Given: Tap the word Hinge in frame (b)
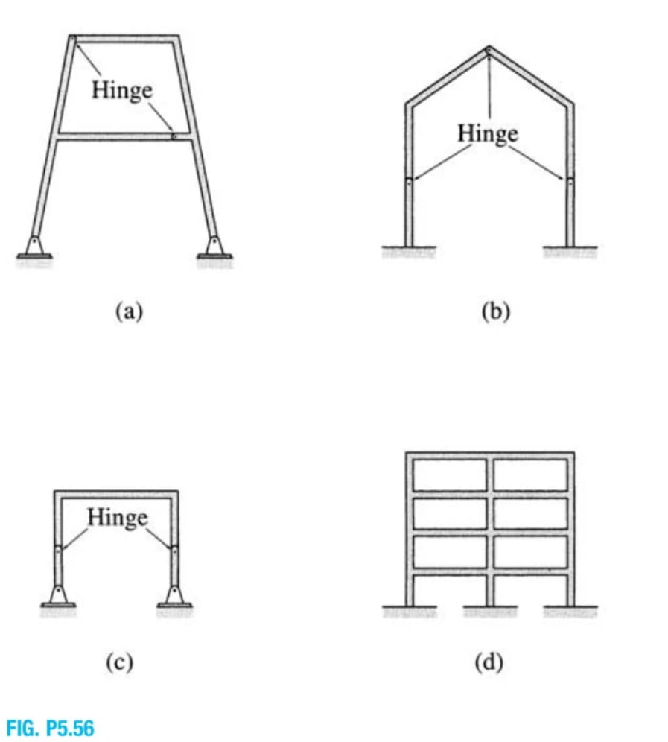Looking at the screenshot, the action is coord(487,133).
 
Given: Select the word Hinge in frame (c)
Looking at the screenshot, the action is coord(118,516).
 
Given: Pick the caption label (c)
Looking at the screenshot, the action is coord(118,662).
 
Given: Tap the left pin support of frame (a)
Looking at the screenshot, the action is coord(34,246).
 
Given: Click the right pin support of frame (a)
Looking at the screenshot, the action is coord(214,246).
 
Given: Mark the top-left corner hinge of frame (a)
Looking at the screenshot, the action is coord(73,38).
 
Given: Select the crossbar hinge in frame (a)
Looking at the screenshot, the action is coord(174,136).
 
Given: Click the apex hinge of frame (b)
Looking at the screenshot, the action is coord(489,50).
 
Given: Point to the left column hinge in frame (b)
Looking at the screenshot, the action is coord(408,178).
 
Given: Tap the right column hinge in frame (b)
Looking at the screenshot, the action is coord(570,178).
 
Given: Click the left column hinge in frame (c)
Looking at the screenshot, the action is coord(58,551).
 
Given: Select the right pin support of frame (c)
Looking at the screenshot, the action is coord(174,595).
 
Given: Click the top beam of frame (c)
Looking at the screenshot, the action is coord(116,493).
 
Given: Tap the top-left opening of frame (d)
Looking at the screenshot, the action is coord(448,474).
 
